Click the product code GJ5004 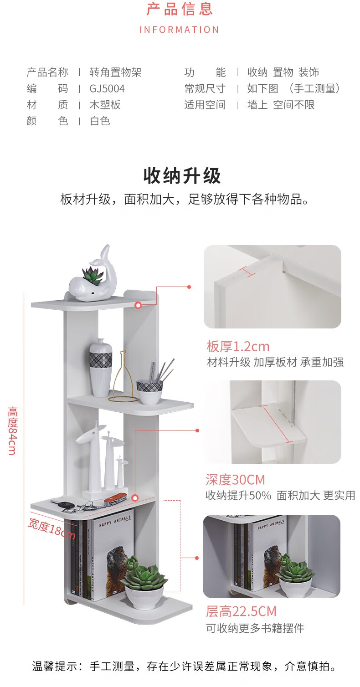107,88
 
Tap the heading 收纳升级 182,176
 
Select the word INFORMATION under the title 180,30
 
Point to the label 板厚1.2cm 238,346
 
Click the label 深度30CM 235,480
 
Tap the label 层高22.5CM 241,611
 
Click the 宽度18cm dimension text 51,528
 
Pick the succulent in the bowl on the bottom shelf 144,575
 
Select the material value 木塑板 105,105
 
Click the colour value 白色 100,121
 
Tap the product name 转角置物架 115,72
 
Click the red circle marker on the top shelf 138,305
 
